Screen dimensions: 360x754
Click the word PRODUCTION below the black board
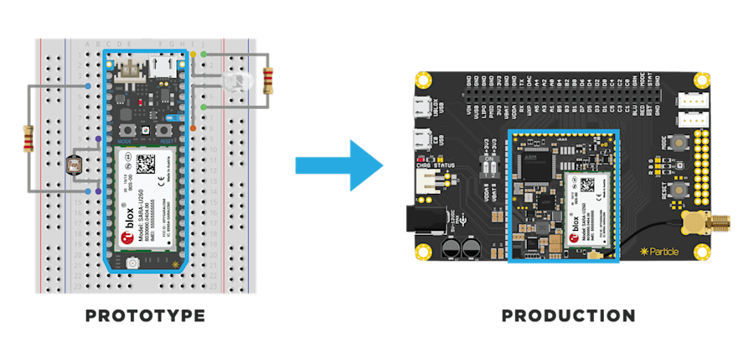point(567,316)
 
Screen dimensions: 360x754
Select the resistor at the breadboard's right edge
point(268,81)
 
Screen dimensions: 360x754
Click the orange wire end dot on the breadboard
point(194,128)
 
